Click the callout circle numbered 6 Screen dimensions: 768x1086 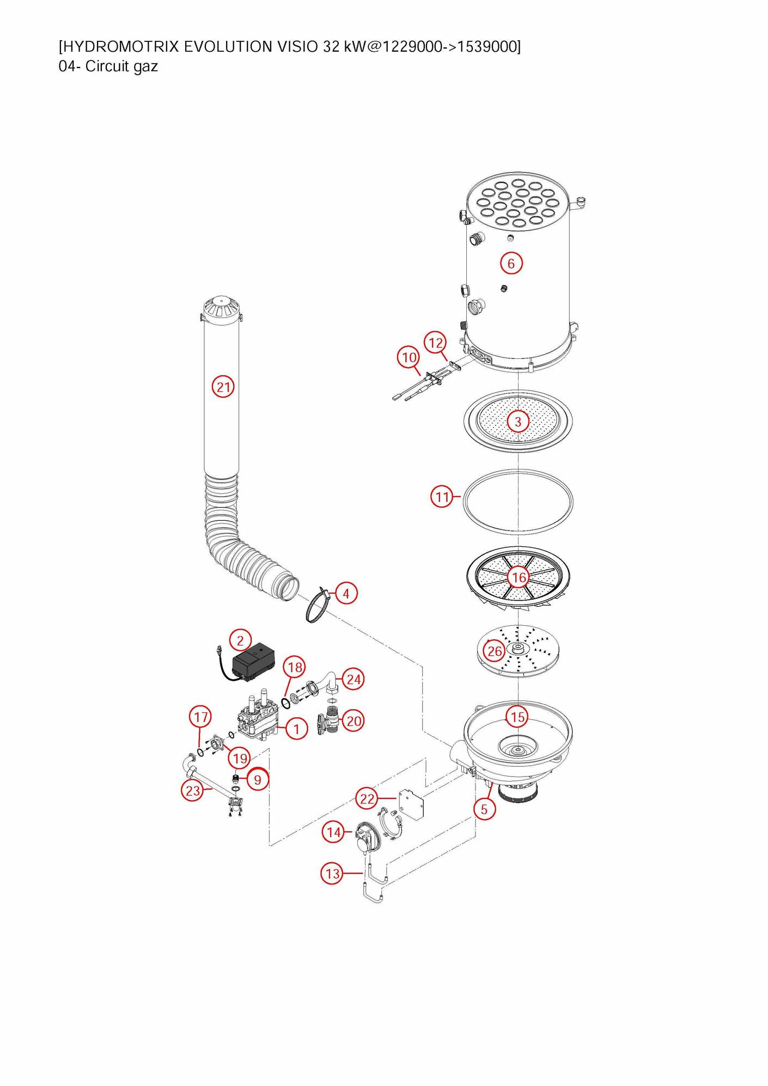(x=511, y=264)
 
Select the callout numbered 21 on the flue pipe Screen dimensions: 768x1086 (x=223, y=387)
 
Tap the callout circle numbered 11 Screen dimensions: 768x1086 (x=442, y=497)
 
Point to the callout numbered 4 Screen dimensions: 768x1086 (x=346, y=593)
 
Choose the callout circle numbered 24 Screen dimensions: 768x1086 (x=353, y=679)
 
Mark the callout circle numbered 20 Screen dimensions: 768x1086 (x=354, y=721)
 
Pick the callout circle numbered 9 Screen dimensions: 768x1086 (x=258, y=779)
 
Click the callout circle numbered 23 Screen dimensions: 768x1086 (x=193, y=791)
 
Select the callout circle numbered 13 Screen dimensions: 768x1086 (x=332, y=874)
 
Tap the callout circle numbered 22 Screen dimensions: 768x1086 (x=368, y=799)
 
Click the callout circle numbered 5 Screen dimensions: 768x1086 (x=484, y=809)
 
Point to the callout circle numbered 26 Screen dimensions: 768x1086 (x=495, y=651)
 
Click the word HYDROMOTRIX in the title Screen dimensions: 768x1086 (x=119, y=47)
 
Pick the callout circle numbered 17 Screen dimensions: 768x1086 (x=201, y=717)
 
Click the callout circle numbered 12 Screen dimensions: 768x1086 (x=436, y=343)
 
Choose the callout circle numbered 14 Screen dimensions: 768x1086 (x=334, y=832)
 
